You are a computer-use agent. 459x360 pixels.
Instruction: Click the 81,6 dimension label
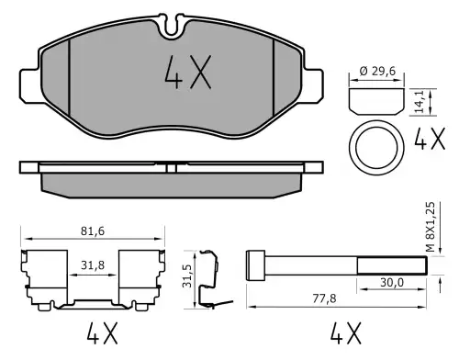click(x=93, y=231)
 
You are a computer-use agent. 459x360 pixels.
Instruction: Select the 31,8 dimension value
click(x=93, y=265)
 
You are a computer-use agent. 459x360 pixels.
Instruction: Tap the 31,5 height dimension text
click(x=186, y=276)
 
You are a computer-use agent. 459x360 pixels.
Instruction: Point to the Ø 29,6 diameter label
click(x=377, y=72)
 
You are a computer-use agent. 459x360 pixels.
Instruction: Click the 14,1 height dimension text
click(x=420, y=102)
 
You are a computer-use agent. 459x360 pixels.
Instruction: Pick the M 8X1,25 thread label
click(x=431, y=227)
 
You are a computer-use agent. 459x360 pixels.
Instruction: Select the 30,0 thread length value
click(x=392, y=283)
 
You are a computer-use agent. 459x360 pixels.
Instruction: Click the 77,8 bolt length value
click(x=324, y=298)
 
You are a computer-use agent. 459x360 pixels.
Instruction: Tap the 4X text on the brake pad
click(x=188, y=73)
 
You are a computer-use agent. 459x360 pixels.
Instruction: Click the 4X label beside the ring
click(x=430, y=139)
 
